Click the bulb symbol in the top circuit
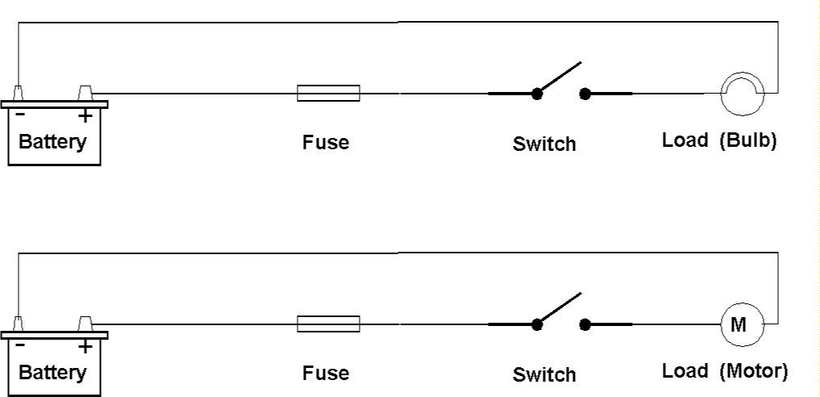tap(741, 94)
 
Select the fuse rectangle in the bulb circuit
tap(328, 94)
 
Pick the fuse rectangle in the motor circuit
tap(328, 324)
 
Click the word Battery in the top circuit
tap(52, 143)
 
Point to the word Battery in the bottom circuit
tap(52, 373)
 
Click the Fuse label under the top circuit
tap(326, 143)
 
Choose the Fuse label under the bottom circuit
tap(326, 374)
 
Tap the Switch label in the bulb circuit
tap(544, 144)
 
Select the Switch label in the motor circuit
tap(544, 375)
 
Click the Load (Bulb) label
tap(719, 140)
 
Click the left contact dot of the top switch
tap(536, 94)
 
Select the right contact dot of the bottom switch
tap(585, 324)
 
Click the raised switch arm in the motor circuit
tap(560, 307)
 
